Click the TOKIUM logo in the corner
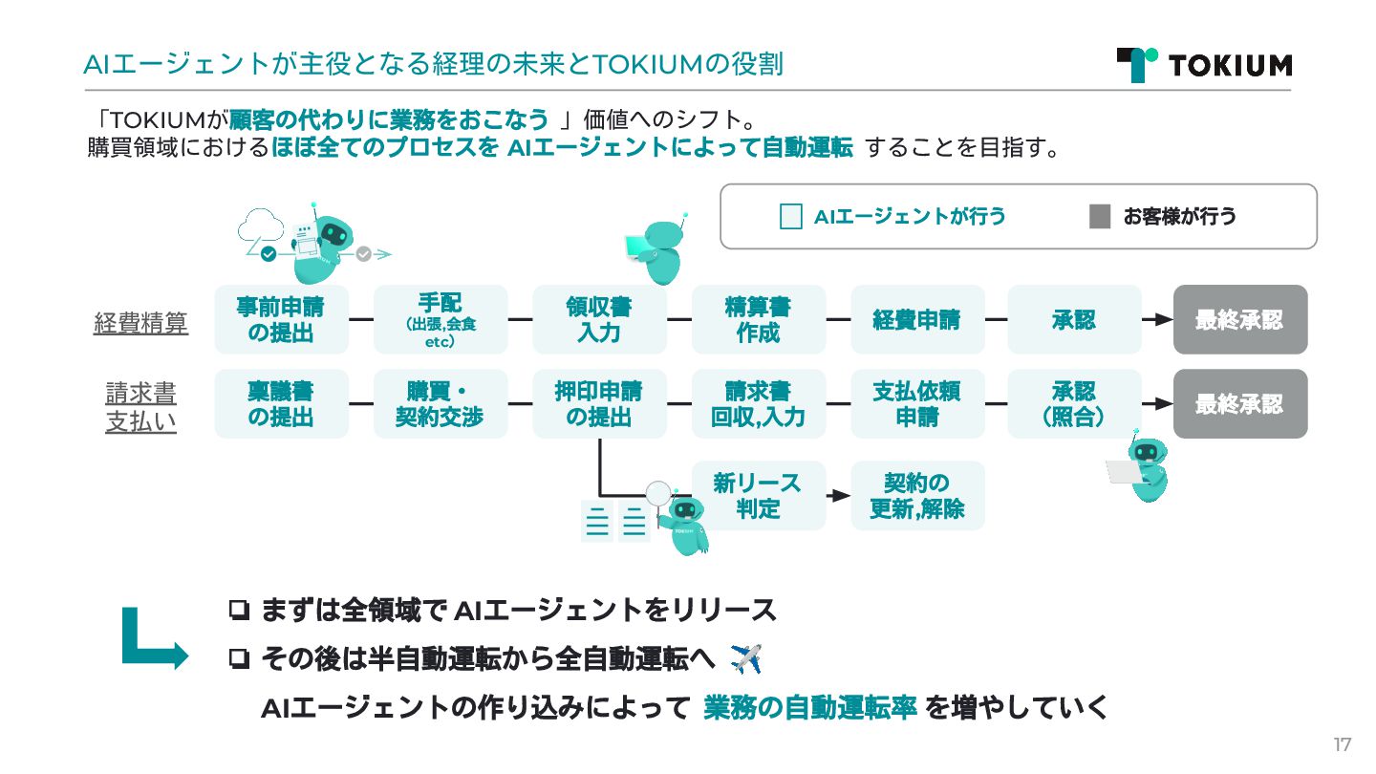pyautogui.click(x=1204, y=64)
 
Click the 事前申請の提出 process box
pyautogui.click(x=281, y=319)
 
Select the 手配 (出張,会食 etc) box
pyautogui.click(x=440, y=319)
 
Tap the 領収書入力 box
pyautogui.click(x=599, y=319)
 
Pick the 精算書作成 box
pyautogui.click(x=758, y=319)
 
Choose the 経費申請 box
pyautogui.click(x=916, y=319)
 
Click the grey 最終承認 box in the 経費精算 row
pyautogui.click(x=1239, y=319)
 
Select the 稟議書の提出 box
pyautogui.click(x=281, y=403)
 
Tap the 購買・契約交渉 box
pyautogui.click(x=440, y=403)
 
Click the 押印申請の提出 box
pyautogui.click(x=599, y=403)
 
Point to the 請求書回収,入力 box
pyautogui.click(x=758, y=403)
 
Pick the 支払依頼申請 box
pyautogui.click(x=916, y=403)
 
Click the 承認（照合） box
pyautogui.click(x=1074, y=403)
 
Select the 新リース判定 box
pyautogui.click(x=758, y=495)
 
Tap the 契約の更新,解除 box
pyautogui.click(x=916, y=495)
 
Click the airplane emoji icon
pyautogui.click(x=745, y=657)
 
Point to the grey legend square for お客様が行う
pyautogui.click(x=1100, y=216)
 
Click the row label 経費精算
pyautogui.click(x=140, y=323)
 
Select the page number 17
pyautogui.click(x=1343, y=744)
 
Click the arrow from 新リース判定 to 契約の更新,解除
pyautogui.click(x=838, y=495)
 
